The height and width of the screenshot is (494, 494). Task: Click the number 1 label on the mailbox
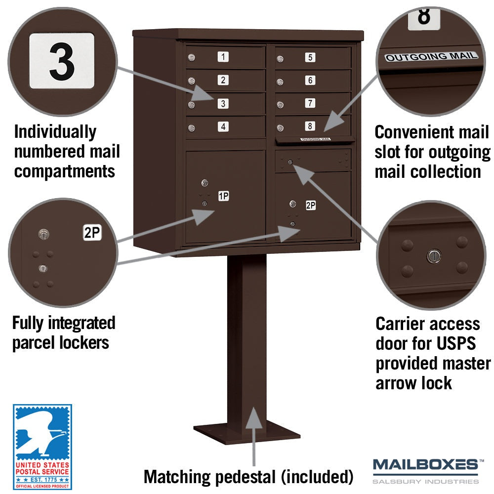(x=223, y=57)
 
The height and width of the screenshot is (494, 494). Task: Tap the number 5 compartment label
(x=310, y=57)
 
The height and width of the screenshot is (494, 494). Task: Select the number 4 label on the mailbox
(x=223, y=126)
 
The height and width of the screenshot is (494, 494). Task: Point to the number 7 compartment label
(x=310, y=103)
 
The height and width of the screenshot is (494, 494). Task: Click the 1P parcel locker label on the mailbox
(x=224, y=196)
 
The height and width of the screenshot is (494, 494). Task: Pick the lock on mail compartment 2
(x=191, y=81)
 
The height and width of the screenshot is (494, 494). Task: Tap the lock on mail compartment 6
(x=280, y=82)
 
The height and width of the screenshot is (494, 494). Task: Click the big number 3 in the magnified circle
(x=62, y=61)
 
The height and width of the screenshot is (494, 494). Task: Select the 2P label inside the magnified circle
(x=92, y=233)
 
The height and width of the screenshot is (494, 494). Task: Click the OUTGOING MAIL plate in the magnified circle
(x=431, y=57)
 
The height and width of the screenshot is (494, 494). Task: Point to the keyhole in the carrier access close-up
(x=434, y=256)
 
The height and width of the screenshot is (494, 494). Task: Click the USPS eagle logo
(x=42, y=447)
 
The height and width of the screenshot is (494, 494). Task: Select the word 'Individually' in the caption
(x=55, y=132)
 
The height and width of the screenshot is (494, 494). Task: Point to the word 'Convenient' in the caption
(x=414, y=132)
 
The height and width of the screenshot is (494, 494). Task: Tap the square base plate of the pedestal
(x=247, y=432)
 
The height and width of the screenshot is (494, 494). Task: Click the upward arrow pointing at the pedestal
(x=254, y=436)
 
